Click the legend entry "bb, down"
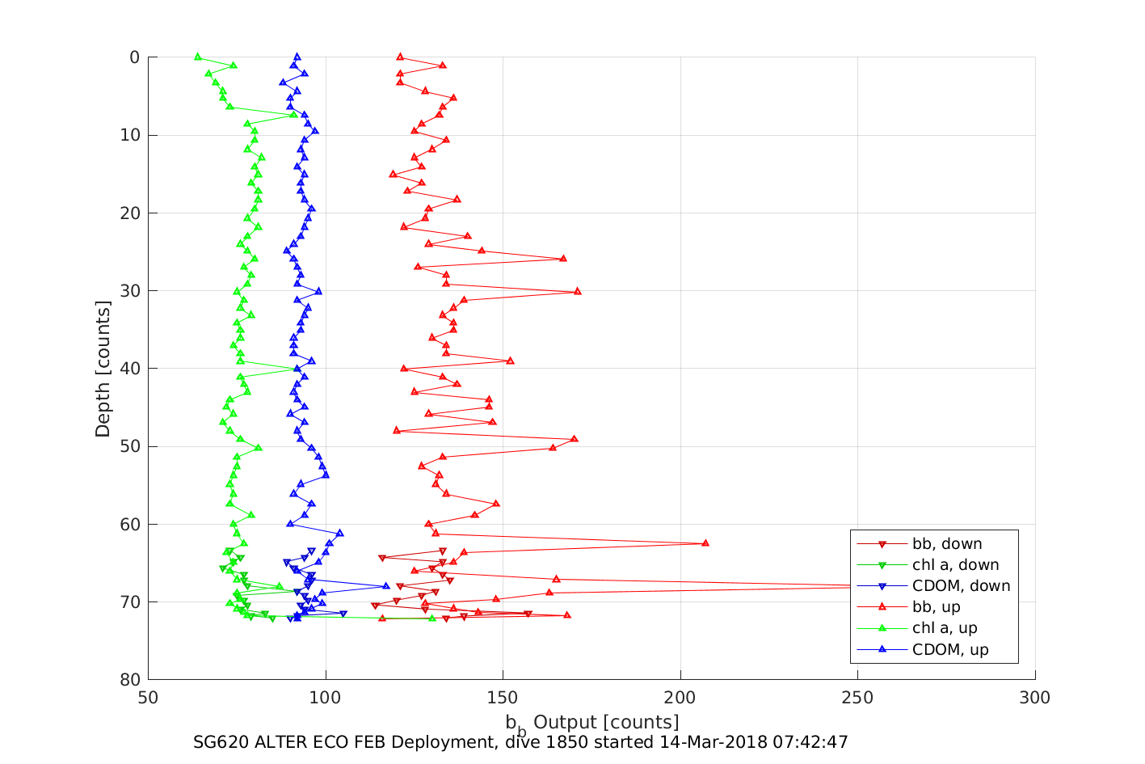[947, 544]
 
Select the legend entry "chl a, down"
[955, 565]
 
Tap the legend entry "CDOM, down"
[961, 586]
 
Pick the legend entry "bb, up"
[936, 607]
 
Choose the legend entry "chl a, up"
[945, 628]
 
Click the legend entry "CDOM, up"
[950, 649]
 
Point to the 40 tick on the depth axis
[130, 369]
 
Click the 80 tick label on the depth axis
[130, 680]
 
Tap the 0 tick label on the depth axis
[134, 57]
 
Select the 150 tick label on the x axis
[503, 698]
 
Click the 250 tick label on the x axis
[857, 698]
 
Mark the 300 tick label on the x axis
[1034, 698]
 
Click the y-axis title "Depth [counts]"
[103, 369]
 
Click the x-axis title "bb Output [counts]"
[591, 722]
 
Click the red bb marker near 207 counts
[705, 543]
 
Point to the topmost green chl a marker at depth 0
[198, 57]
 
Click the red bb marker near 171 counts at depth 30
[578, 291]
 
